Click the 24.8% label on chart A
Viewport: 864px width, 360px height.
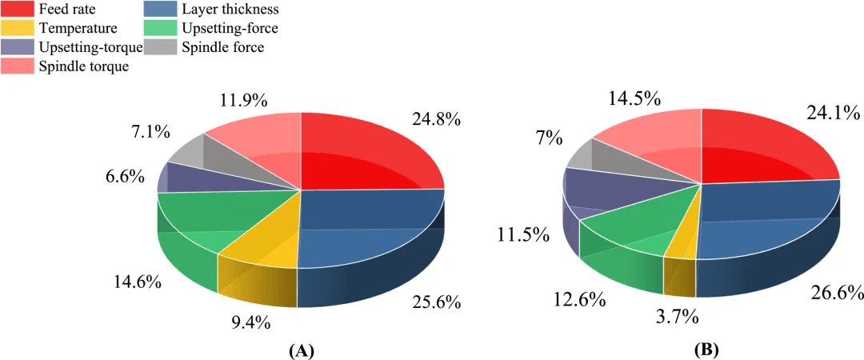click(x=437, y=120)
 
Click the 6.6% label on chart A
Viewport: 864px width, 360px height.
click(x=126, y=175)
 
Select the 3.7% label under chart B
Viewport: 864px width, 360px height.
click(x=678, y=317)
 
